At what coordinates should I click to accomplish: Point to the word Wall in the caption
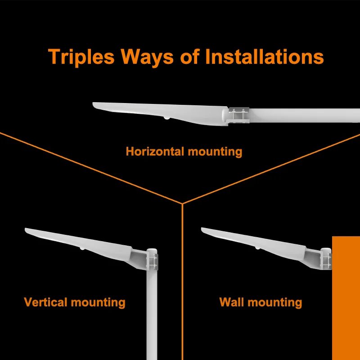point(231,301)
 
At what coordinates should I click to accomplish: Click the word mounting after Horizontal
point(215,152)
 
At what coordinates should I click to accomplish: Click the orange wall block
point(346,297)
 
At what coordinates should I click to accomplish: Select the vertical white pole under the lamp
point(153,315)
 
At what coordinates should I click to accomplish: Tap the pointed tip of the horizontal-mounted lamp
point(94,105)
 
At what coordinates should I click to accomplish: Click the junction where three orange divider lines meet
point(182,203)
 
